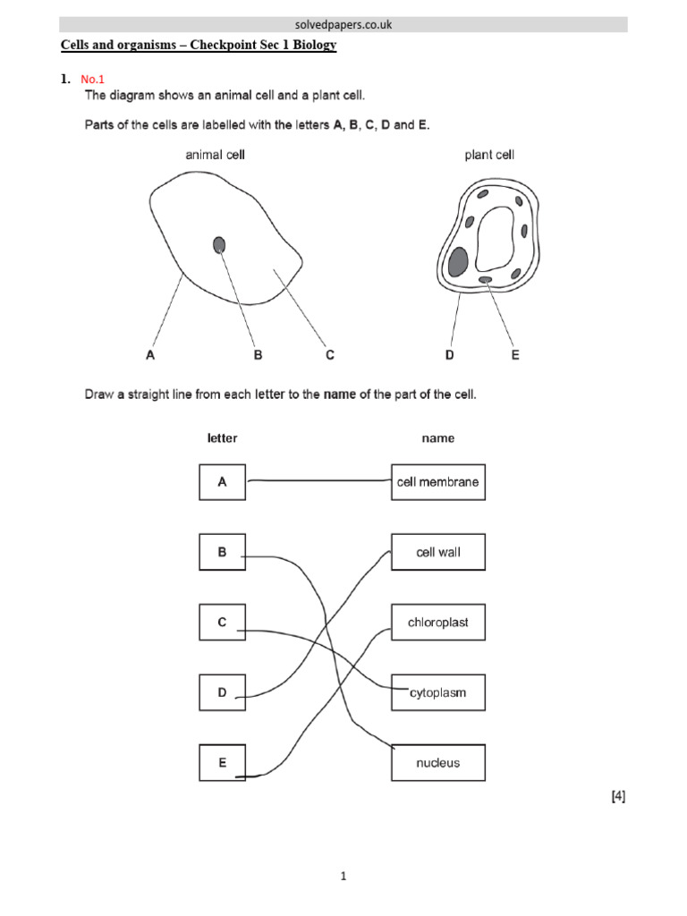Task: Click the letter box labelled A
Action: [x=222, y=482]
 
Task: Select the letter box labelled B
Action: [x=222, y=552]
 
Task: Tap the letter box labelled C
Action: [x=222, y=623]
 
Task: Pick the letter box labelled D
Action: [x=222, y=692]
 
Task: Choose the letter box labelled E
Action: [x=222, y=762]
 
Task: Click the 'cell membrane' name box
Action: [x=438, y=482]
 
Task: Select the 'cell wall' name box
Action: [x=438, y=552]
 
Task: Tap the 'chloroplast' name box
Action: [x=438, y=623]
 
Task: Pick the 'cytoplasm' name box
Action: [x=438, y=692]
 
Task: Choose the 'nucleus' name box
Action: [x=438, y=762]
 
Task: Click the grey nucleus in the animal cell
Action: [x=219, y=244]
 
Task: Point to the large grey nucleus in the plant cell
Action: [x=458, y=261]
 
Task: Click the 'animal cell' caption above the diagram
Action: [x=215, y=155]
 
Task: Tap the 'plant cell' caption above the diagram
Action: [x=489, y=155]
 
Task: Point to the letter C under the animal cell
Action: [x=329, y=355]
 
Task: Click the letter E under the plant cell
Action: [x=514, y=355]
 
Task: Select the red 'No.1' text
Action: [x=93, y=79]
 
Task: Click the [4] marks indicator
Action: [x=618, y=797]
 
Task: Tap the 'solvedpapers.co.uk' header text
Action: [x=343, y=25]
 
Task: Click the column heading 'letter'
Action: [x=222, y=438]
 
